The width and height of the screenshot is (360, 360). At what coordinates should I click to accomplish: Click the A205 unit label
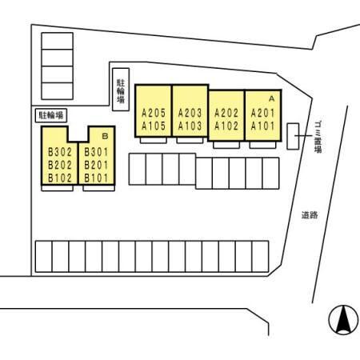154,113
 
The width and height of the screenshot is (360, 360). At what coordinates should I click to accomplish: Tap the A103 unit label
190,126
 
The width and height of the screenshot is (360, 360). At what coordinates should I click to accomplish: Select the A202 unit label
226,113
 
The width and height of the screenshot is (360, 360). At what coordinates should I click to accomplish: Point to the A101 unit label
262,126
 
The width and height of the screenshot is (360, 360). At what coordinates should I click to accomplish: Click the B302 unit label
60,152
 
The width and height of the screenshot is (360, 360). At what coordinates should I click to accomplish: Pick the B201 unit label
96,165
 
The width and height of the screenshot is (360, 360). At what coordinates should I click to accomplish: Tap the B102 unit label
60,178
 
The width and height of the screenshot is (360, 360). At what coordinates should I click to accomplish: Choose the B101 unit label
96,178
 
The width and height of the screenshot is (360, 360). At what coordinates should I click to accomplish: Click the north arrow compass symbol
343,320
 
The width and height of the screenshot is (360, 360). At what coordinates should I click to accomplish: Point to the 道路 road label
310,215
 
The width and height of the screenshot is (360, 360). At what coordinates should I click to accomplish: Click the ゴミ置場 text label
318,137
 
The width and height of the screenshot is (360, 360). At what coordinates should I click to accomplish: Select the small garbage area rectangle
293,136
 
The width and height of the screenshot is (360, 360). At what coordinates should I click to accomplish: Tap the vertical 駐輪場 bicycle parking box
121,90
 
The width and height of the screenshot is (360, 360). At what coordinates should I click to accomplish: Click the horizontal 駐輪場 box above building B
51,115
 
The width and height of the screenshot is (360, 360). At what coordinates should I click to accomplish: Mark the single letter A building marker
271,98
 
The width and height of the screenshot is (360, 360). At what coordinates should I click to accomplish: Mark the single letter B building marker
105,136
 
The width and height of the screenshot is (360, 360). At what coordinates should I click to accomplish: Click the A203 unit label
190,113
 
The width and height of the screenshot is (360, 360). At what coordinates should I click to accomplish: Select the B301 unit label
96,152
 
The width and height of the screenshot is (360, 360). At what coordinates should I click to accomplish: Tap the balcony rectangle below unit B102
58,188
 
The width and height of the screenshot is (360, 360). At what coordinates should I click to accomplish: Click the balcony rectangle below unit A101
262,145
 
